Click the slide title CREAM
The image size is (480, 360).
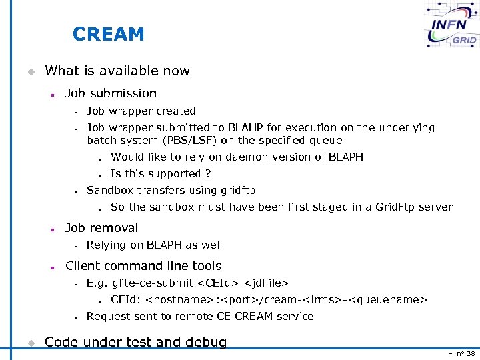[108, 34]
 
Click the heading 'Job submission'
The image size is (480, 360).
[111, 93]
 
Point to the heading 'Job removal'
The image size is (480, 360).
[101, 228]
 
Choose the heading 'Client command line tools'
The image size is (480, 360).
[143, 266]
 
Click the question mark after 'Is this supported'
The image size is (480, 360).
[208, 174]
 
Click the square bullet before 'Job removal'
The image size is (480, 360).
[51, 229]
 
